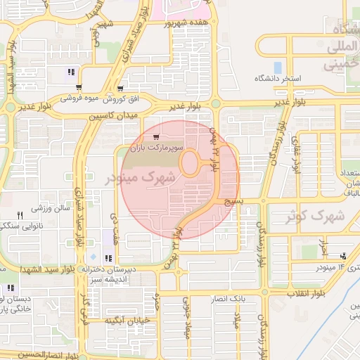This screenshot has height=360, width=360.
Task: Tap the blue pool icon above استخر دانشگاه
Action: (x=277, y=67)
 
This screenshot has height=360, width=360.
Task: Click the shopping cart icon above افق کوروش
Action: (x=120, y=89)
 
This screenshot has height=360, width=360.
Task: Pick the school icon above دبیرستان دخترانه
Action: (x=106, y=258)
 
